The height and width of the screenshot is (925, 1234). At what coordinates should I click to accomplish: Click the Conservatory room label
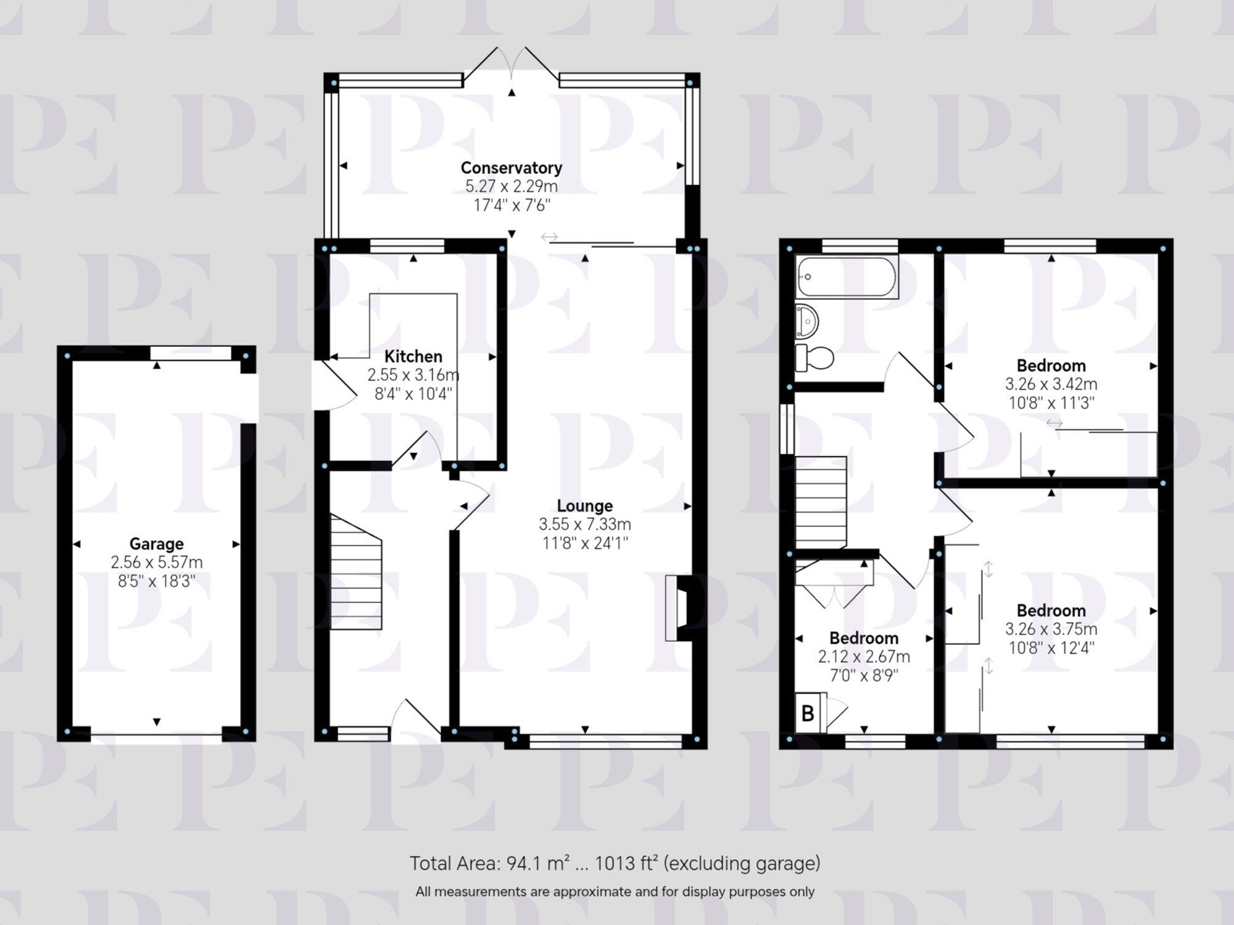point(511,167)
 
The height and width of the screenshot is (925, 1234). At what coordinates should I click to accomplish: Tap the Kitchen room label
point(413,356)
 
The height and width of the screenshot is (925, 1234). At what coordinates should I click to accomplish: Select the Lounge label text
point(585,505)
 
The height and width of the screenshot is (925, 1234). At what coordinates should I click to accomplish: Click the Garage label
point(156,544)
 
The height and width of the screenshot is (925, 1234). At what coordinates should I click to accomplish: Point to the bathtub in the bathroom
point(847,277)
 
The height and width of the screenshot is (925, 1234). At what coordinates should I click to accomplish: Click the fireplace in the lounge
point(677,608)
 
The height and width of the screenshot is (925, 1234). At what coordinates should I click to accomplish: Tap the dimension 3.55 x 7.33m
point(585,525)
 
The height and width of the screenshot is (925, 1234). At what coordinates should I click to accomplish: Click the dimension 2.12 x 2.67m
point(863,657)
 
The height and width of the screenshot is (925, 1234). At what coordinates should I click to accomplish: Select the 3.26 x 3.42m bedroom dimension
point(1051,384)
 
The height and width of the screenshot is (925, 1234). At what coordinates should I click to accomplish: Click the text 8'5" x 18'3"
point(156,581)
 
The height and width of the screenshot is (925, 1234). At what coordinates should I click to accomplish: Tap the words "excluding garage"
point(742,863)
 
